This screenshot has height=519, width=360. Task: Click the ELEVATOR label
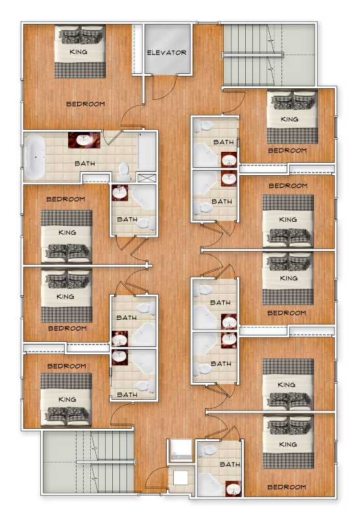[167, 53]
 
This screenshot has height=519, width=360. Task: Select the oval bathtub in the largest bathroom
[35, 157]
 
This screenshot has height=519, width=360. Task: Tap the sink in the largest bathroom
[84, 140]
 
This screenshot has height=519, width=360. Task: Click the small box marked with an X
[147, 178]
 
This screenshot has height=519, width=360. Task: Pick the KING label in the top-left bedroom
[78, 52]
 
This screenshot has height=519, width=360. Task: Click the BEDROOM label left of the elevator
[86, 104]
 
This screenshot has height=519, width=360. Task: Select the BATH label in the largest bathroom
[85, 163]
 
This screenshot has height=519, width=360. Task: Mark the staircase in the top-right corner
[269, 54]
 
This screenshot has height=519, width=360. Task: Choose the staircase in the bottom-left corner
[89, 462]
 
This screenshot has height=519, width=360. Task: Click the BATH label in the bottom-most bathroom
[230, 465]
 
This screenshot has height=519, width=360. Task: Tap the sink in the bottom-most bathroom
[234, 489]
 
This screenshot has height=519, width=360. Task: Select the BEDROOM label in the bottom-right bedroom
[287, 487]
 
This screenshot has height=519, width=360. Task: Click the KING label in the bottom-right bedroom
[288, 444]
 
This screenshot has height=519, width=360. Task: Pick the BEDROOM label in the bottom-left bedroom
[67, 366]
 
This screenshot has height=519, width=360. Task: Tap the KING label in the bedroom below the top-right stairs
[289, 119]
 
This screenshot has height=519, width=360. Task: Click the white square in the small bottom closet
[181, 477]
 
